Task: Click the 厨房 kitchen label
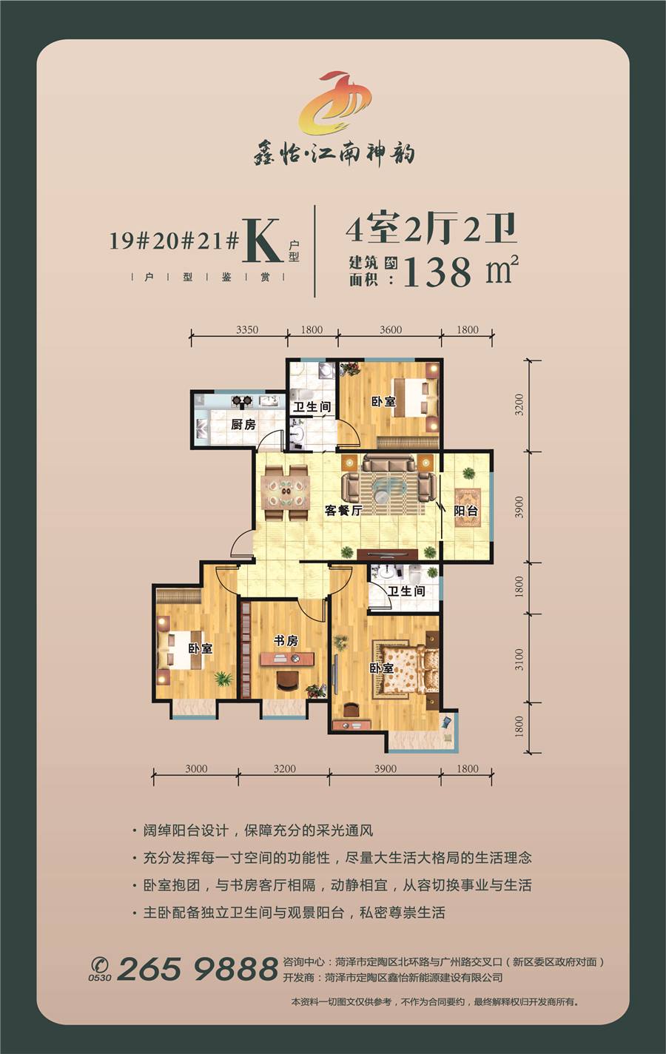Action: (x=243, y=424)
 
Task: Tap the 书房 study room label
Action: (x=286, y=640)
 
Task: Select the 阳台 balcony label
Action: (x=466, y=511)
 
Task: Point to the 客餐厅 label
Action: (x=343, y=510)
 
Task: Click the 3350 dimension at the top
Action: (x=247, y=329)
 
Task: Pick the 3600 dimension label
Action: (x=391, y=329)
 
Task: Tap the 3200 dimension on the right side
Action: (x=519, y=404)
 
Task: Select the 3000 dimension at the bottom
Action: (x=196, y=768)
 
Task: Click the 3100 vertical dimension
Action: (x=519, y=659)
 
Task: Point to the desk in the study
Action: (x=287, y=658)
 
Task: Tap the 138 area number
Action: (x=437, y=272)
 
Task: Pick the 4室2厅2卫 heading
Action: (x=431, y=229)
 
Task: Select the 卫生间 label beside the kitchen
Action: (x=312, y=406)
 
